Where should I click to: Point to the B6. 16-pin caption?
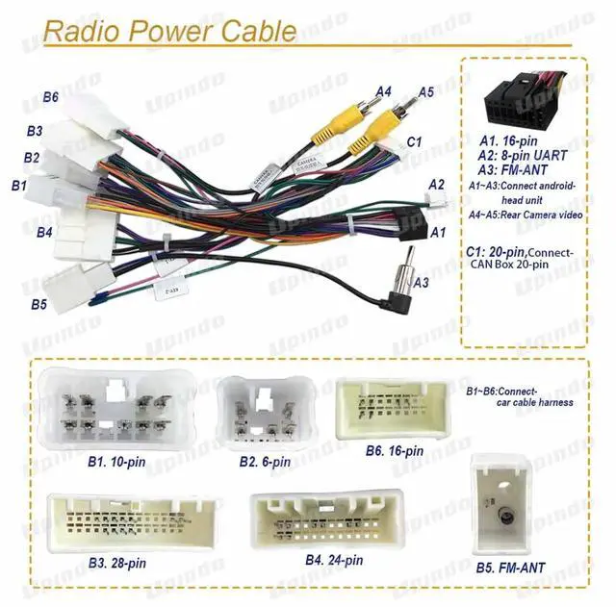point(394,450)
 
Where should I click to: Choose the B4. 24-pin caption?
point(333,560)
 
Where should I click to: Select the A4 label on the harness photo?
point(383,92)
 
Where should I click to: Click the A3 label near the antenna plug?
point(421,283)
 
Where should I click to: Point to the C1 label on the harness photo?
point(415,142)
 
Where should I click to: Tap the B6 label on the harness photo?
point(50,96)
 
